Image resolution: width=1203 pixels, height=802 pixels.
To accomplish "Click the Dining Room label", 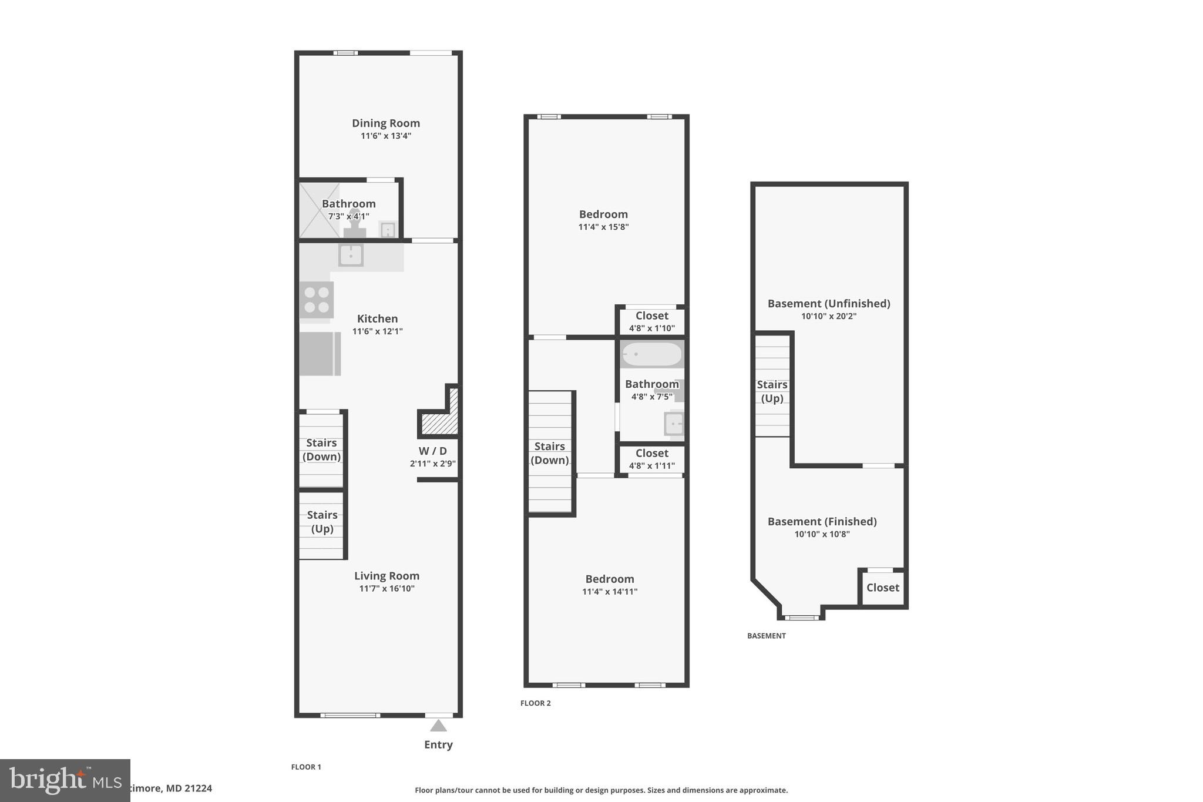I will pyautogui.click(x=385, y=123).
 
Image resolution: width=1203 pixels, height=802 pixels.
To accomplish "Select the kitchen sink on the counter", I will pyautogui.click(x=351, y=256).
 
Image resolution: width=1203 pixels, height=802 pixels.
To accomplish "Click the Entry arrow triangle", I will pyautogui.click(x=438, y=726).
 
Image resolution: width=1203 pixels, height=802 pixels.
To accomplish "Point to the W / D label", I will pyautogui.click(x=432, y=451).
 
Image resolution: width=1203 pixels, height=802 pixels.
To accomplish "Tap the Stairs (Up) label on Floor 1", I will pyautogui.click(x=322, y=522).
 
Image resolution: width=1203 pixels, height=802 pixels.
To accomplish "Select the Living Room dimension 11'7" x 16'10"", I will pyautogui.click(x=387, y=589).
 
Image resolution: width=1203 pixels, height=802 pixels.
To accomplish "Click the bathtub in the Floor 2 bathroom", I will pyautogui.click(x=651, y=354).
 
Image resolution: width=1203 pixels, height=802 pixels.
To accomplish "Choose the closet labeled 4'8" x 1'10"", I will pyautogui.click(x=651, y=321).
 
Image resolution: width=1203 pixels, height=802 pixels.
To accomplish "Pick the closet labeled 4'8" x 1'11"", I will pyautogui.click(x=651, y=459).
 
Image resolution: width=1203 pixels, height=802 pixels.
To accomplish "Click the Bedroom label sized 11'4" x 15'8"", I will pyautogui.click(x=603, y=214).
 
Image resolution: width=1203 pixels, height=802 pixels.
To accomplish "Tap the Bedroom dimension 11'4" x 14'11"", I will pyautogui.click(x=609, y=592).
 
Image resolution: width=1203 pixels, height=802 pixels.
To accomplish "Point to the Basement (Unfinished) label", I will pyautogui.click(x=828, y=304).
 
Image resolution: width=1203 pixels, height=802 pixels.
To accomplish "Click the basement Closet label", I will pyautogui.click(x=882, y=588).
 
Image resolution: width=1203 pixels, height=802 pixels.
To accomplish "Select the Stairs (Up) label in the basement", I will pyautogui.click(x=771, y=391).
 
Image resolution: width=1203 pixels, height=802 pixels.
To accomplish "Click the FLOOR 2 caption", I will pyautogui.click(x=535, y=703).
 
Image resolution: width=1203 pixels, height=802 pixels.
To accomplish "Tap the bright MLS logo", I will pyautogui.click(x=65, y=780).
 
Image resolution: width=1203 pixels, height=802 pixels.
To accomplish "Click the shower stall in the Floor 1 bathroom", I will pyautogui.click(x=319, y=210).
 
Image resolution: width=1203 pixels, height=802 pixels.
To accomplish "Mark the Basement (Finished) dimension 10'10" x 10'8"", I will pyautogui.click(x=822, y=535).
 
